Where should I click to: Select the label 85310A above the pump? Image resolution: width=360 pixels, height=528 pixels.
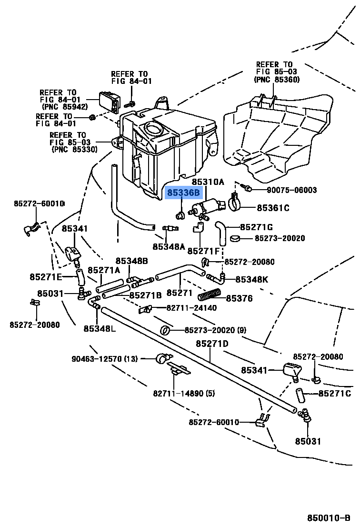[x=207, y=182]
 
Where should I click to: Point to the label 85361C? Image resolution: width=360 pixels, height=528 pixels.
[x=273, y=208]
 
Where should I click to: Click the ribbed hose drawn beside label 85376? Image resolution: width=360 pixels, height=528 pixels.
[x=210, y=295]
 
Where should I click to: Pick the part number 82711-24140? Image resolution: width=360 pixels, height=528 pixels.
[x=191, y=308]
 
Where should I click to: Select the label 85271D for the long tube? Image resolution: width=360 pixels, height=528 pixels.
[x=212, y=344]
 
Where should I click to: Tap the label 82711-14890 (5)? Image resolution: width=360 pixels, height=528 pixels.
[x=178, y=394]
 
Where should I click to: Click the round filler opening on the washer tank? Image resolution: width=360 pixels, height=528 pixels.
[x=153, y=129]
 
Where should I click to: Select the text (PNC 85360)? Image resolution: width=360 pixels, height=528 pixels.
[x=277, y=80]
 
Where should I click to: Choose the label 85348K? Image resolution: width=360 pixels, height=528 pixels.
[x=251, y=279]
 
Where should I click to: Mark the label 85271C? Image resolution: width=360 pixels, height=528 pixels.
[x=334, y=393]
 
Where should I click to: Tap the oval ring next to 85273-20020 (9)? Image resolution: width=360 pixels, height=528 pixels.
[x=165, y=330]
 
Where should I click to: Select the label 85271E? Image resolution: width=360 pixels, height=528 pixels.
[x=46, y=277]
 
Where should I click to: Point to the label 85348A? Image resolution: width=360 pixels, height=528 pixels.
[x=169, y=246]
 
